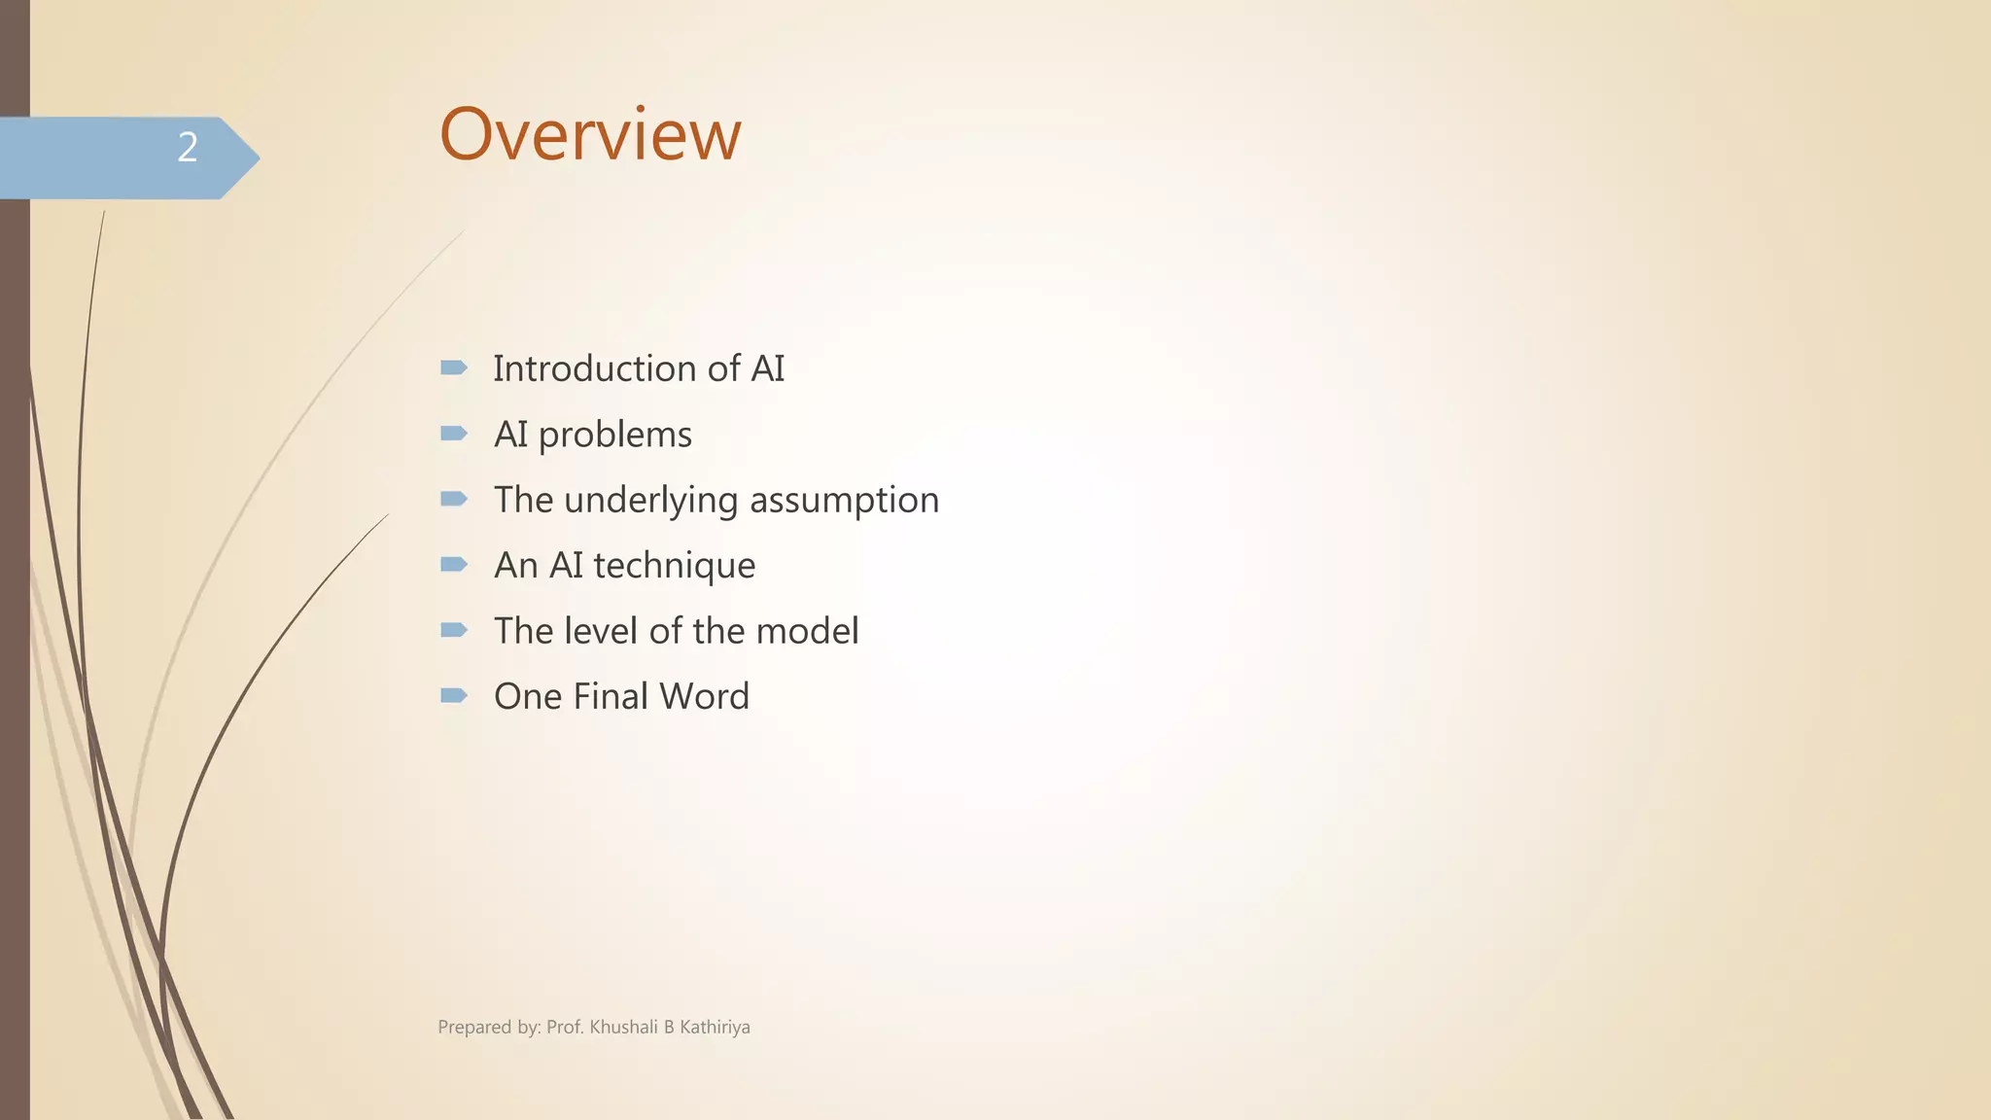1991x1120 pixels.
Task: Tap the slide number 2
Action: tap(188, 147)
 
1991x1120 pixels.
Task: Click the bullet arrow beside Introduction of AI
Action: tap(453, 367)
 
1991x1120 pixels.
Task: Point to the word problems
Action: tap(614, 435)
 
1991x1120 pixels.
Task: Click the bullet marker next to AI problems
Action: tap(453, 434)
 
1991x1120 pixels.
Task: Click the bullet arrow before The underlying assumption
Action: tap(453, 499)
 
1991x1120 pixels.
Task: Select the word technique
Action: tap(674, 566)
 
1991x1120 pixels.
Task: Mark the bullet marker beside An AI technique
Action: tap(453, 564)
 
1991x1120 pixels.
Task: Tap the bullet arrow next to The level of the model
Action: tap(453, 630)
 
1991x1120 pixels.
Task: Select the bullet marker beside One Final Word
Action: tap(453, 695)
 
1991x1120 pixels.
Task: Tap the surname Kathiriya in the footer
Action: tap(715, 1027)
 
